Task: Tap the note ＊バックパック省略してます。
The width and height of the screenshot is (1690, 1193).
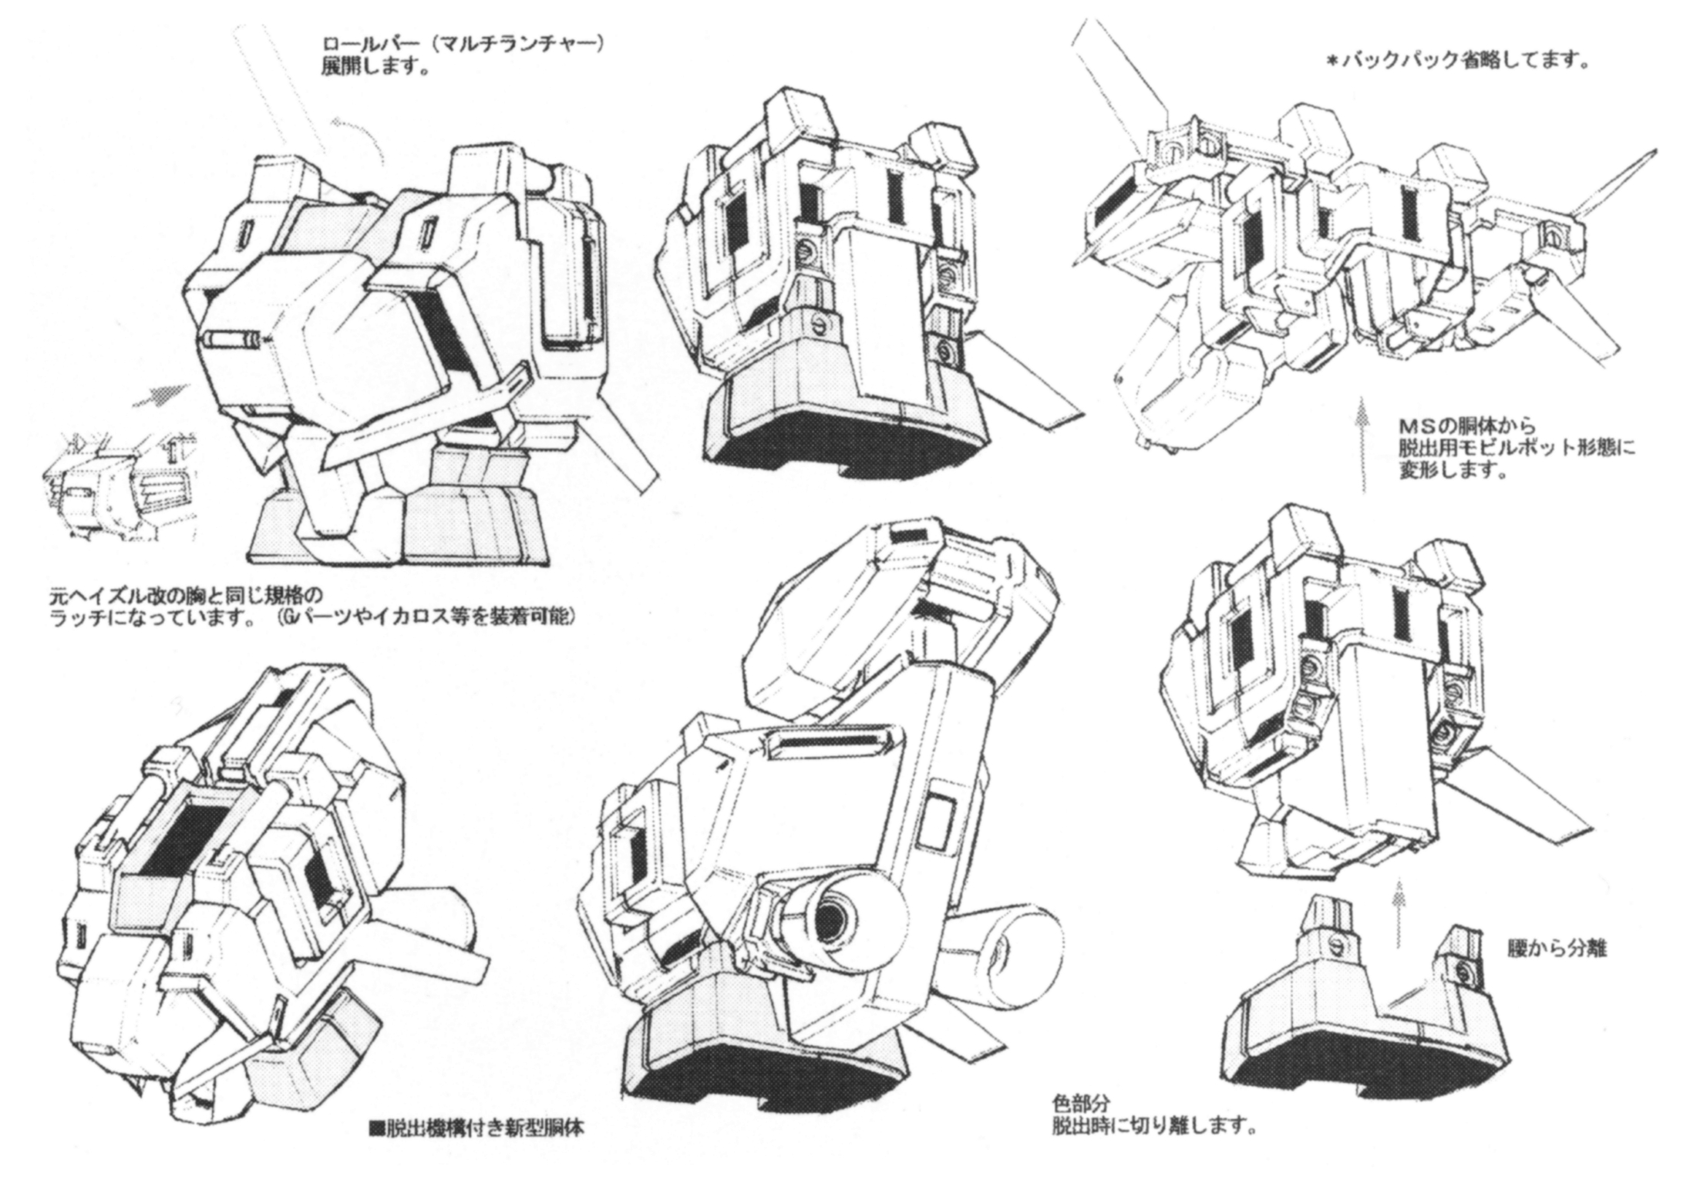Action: [x=1457, y=62]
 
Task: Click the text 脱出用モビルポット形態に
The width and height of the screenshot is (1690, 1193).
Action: [x=1516, y=448]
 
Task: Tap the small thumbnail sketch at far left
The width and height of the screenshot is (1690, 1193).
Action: [x=120, y=486]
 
